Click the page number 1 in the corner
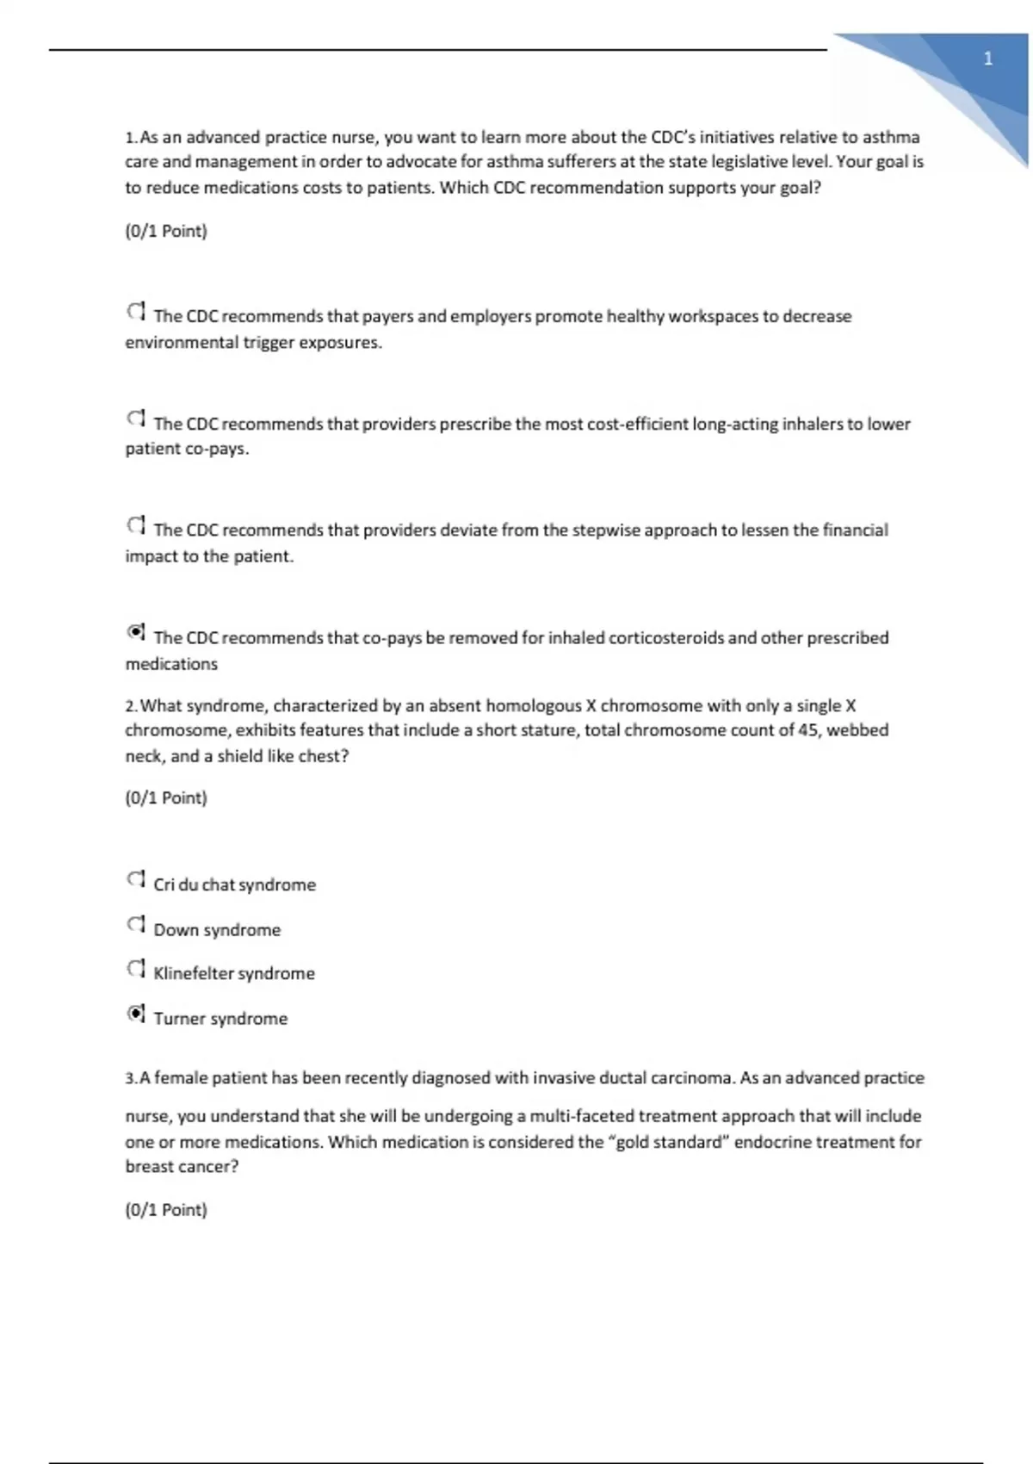pyautogui.click(x=987, y=59)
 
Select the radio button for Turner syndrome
pyautogui.click(x=136, y=1014)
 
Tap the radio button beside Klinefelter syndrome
pyautogui.click(x=136, y=970)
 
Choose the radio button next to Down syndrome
pyautogui.click(x=136, y=926)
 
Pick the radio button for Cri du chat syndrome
pyautogui.click(x=136, y=881)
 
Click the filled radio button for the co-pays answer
pyautogui.click(x=136, y=634)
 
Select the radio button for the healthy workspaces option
pyautogui.click(x=136, y=312)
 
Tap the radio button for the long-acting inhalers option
pyautogui.click(x=136, y=419)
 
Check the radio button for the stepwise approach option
pyautogui.click(x=136, y=526)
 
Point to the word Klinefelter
pyautogui.click(x=193, y=974)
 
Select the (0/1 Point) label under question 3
pyautogui.click(x=166, y=1210)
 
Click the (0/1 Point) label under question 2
pyautogui.click(x=166, y=798)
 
